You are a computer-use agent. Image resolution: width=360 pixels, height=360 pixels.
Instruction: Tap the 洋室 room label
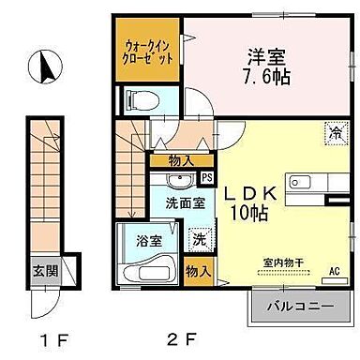point(260,54)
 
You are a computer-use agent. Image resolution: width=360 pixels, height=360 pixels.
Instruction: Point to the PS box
point(206,175)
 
